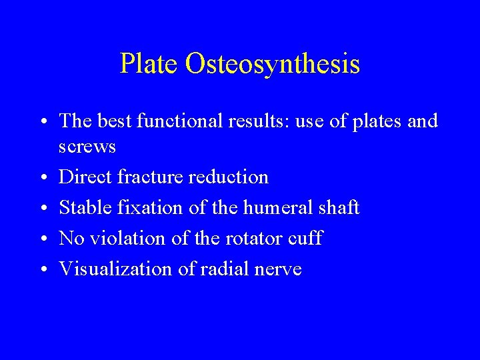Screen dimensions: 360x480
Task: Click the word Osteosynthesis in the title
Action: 273,64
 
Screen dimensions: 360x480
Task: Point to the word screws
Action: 87,147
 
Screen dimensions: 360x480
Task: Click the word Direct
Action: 85,177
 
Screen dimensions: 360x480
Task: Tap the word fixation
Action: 151,208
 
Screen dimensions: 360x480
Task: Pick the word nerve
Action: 281,269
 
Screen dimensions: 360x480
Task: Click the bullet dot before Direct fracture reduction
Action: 42,178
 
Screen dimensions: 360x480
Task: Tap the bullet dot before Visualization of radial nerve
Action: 42,270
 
